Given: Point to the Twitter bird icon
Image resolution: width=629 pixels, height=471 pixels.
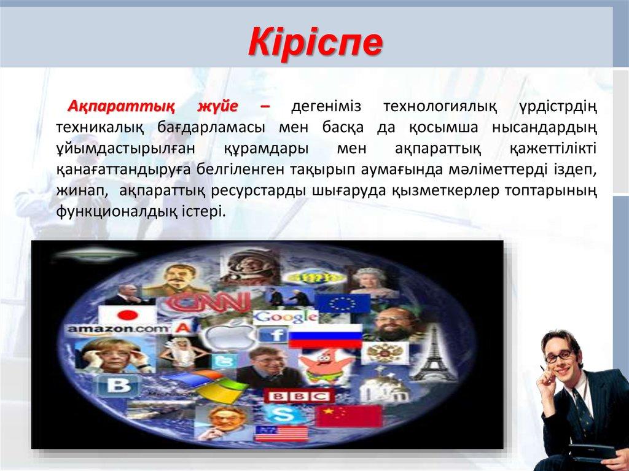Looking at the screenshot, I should click(221, 362).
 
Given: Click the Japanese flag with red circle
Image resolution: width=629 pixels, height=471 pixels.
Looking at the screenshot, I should click(128, 315).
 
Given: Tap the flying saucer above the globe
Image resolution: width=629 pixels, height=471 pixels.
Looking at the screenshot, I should click(99, 252).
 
